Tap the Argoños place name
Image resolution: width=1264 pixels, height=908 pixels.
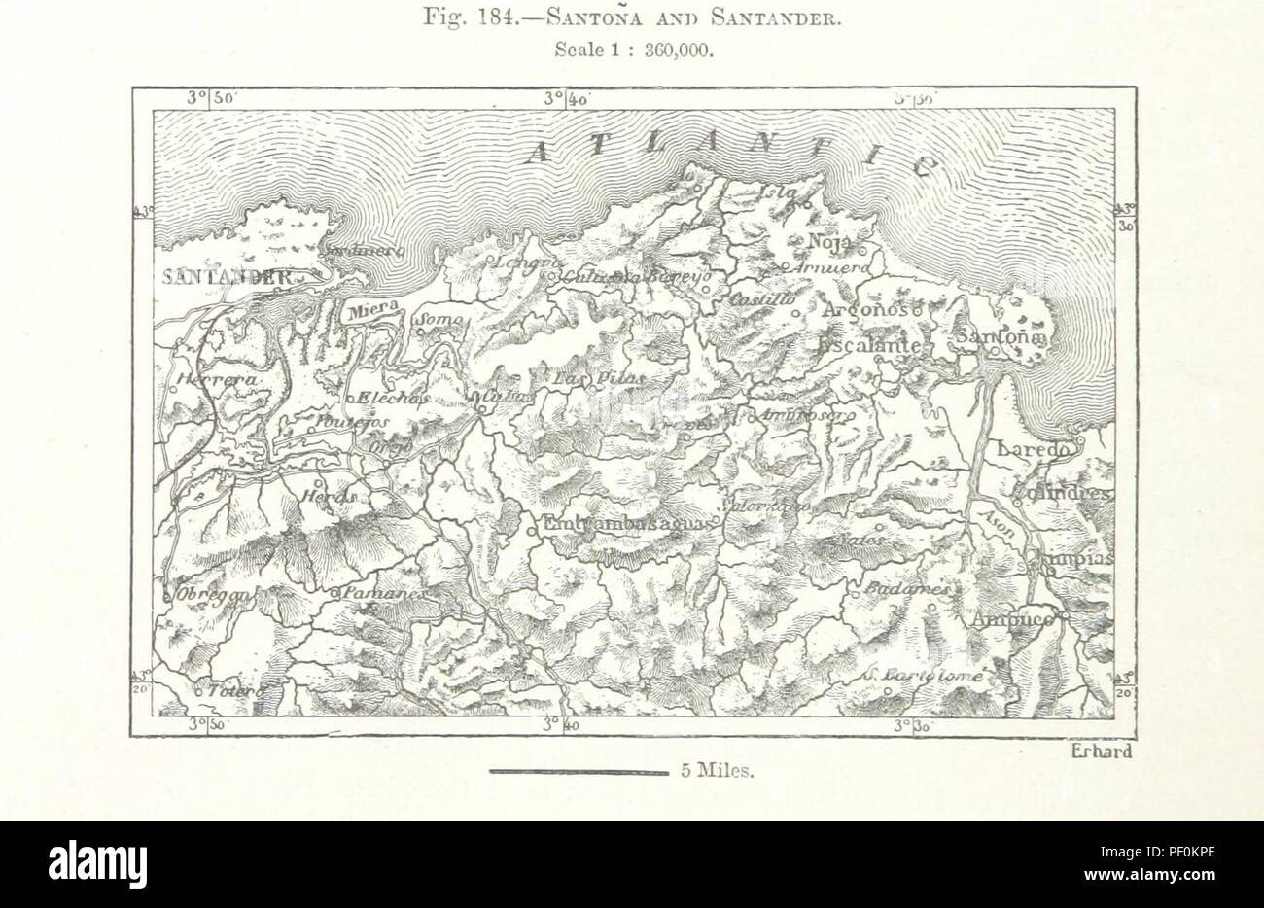coord(863,310)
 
